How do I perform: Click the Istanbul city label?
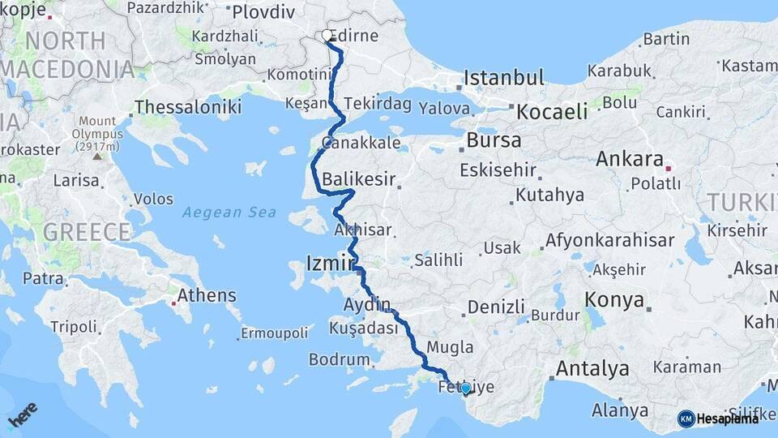pyautogui.click(x=503, y=79)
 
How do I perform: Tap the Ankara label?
pyautogui.click(x=629, y=159)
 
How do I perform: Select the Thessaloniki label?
pyautogui.click(x=188, y=106)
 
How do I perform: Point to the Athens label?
pyautogui.click(x=207, y=295)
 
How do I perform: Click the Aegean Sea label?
pyautogui.click(x=229, y=213)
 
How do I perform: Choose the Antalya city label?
pyautogui.click(x=592, y=369)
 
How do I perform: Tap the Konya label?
pyautogui.click(x=614, y=300)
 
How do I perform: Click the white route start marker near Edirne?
pyautogui.click(x=327, y=36)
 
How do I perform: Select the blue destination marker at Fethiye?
pyautogui.click(x=465, y=390)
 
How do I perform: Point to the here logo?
pyautogui.click(x=23, y=415)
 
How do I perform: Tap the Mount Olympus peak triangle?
pyautogui.click(x=98, y=156)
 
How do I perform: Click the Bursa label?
pyautogui.click(x=494, y=140)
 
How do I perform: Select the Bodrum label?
pyautogui.click(x=339, y=359)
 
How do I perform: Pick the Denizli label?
pyautogui.click(x=497, y=307)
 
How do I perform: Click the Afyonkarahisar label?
pyautogui.click(x=609, y=241)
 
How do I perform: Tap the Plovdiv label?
pyautogui.click(x=264, y=12)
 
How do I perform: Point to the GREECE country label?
pyautogui.click(x=87, y=232)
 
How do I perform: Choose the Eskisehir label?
pyautogui.click(x=498, y=170)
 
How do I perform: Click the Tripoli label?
pyautogui.click(x=73, y=327)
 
